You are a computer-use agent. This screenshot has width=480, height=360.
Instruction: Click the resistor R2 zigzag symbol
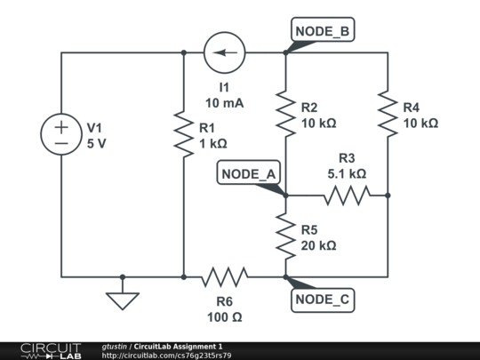(x=285, y=110)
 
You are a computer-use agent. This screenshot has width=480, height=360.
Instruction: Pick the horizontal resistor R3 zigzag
(x=347, y=195)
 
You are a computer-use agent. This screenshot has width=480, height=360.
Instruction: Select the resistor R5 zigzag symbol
(x=285, y=236)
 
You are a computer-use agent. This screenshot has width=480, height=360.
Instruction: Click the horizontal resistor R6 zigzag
(x=224, y=276)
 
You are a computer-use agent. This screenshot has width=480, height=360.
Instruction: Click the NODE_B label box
(x=324, y=31)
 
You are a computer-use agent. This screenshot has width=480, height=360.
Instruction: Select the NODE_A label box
(x=248, y=173)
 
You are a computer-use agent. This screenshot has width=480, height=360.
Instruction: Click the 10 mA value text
(x=224, y=103)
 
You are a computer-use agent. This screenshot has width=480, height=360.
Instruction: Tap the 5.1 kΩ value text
(x=347, y=174)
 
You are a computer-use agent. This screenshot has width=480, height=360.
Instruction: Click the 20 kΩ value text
(x=318, y=245)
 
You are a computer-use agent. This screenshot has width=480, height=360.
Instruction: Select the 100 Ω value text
(x=224, y=316)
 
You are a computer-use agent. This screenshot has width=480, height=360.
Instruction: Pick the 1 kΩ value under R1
(x=213, y=143)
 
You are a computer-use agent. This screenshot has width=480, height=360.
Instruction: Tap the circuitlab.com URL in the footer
(x=167, y=356)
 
